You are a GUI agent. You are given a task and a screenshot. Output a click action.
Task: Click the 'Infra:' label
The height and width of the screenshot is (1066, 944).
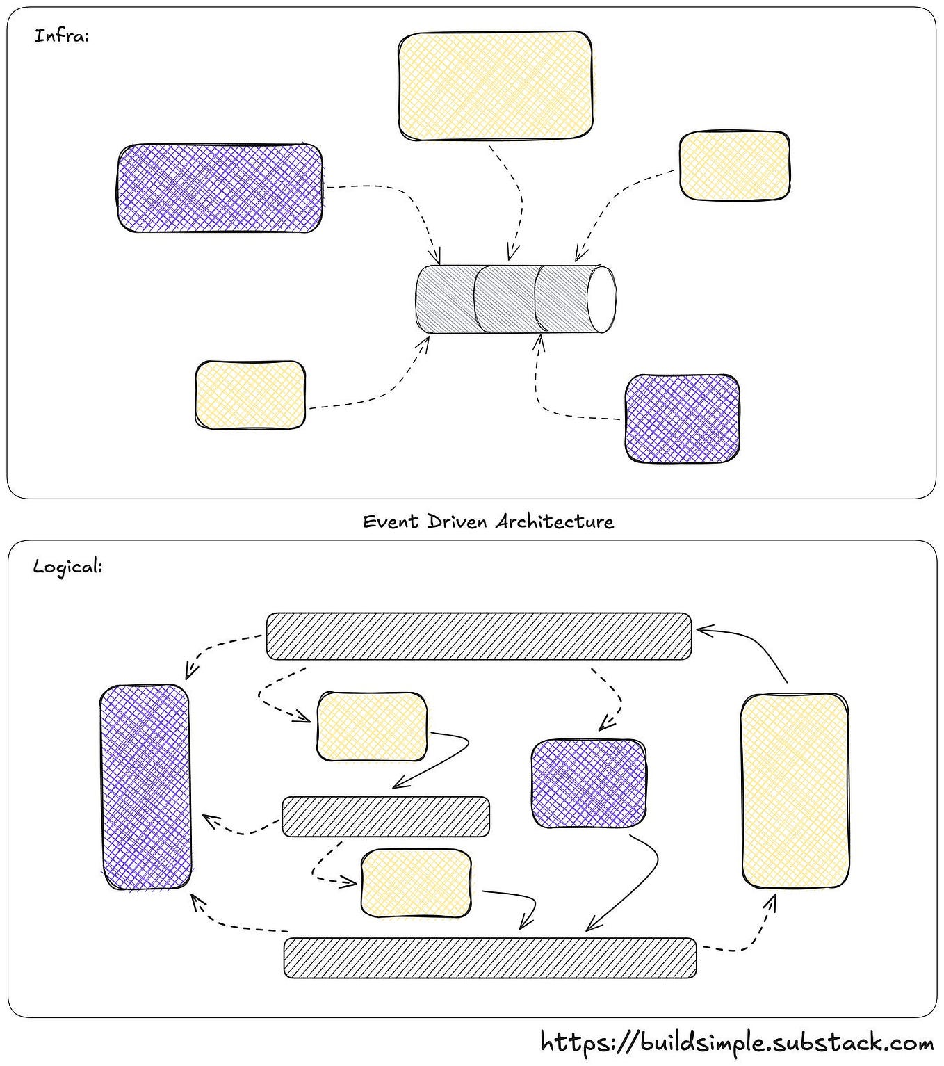(61, 36)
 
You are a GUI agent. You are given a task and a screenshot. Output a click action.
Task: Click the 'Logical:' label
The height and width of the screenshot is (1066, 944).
(67, 567)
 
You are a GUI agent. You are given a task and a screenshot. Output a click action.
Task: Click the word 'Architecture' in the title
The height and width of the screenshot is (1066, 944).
(555, 522)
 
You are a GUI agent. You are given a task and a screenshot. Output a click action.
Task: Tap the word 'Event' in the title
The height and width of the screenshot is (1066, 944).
(391, 522)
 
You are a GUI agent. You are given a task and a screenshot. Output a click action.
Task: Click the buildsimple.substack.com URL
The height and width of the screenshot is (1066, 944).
(737, 1042)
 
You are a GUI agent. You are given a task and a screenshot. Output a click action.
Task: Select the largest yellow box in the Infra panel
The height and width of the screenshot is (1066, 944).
(496, 86)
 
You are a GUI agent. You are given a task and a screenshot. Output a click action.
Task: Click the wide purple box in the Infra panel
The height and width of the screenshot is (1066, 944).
(220, 188)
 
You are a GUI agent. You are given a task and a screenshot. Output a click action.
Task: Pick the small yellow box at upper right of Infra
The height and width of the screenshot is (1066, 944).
(734, 166)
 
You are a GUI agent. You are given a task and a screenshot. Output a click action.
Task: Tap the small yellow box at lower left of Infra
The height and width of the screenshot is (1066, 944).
(250, 394)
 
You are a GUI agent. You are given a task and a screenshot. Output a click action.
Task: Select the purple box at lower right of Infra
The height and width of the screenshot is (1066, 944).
(682, 419)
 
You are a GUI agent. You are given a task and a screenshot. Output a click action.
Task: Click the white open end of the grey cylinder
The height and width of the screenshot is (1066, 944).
(601, 300)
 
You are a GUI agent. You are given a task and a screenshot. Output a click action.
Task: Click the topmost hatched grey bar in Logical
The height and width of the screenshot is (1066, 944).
(479, 636)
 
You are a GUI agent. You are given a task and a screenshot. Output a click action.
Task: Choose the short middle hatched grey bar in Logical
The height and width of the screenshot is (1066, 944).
(386, 816)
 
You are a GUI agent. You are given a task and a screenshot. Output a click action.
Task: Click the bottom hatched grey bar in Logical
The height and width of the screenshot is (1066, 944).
(490, 958)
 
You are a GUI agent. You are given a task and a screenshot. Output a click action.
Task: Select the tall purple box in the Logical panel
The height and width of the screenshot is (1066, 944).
(145, 787)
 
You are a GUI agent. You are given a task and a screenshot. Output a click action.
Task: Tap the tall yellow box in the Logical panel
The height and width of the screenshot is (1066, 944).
(795, 791)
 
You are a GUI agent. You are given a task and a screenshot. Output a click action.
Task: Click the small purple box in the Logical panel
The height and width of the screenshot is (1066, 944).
(588, 784)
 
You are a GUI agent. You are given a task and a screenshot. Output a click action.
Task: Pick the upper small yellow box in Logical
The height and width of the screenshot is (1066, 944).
(372, 727)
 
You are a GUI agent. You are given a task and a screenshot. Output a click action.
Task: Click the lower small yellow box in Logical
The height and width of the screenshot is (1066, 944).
(416, 883)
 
